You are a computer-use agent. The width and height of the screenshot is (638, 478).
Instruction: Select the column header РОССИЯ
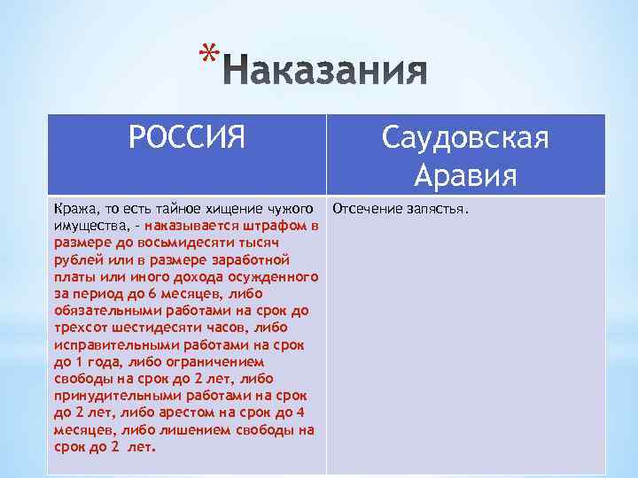click(x=186, y=139)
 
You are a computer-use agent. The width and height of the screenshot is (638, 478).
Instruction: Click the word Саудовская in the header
click(x=466, y=139)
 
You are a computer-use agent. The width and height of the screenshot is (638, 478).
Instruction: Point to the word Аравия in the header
click(x=466, y=174)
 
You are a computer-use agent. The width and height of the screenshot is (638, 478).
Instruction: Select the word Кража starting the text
click(x=73, y=210)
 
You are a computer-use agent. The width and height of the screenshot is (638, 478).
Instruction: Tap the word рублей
click(x=74, y=258)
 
